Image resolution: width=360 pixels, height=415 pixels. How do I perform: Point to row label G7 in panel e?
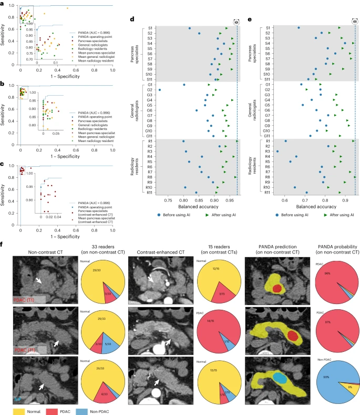268,115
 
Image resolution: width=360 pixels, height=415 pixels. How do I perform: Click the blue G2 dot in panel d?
160,90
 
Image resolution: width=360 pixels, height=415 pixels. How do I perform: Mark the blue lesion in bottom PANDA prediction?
283,377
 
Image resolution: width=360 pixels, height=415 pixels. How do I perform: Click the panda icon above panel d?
236,22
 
